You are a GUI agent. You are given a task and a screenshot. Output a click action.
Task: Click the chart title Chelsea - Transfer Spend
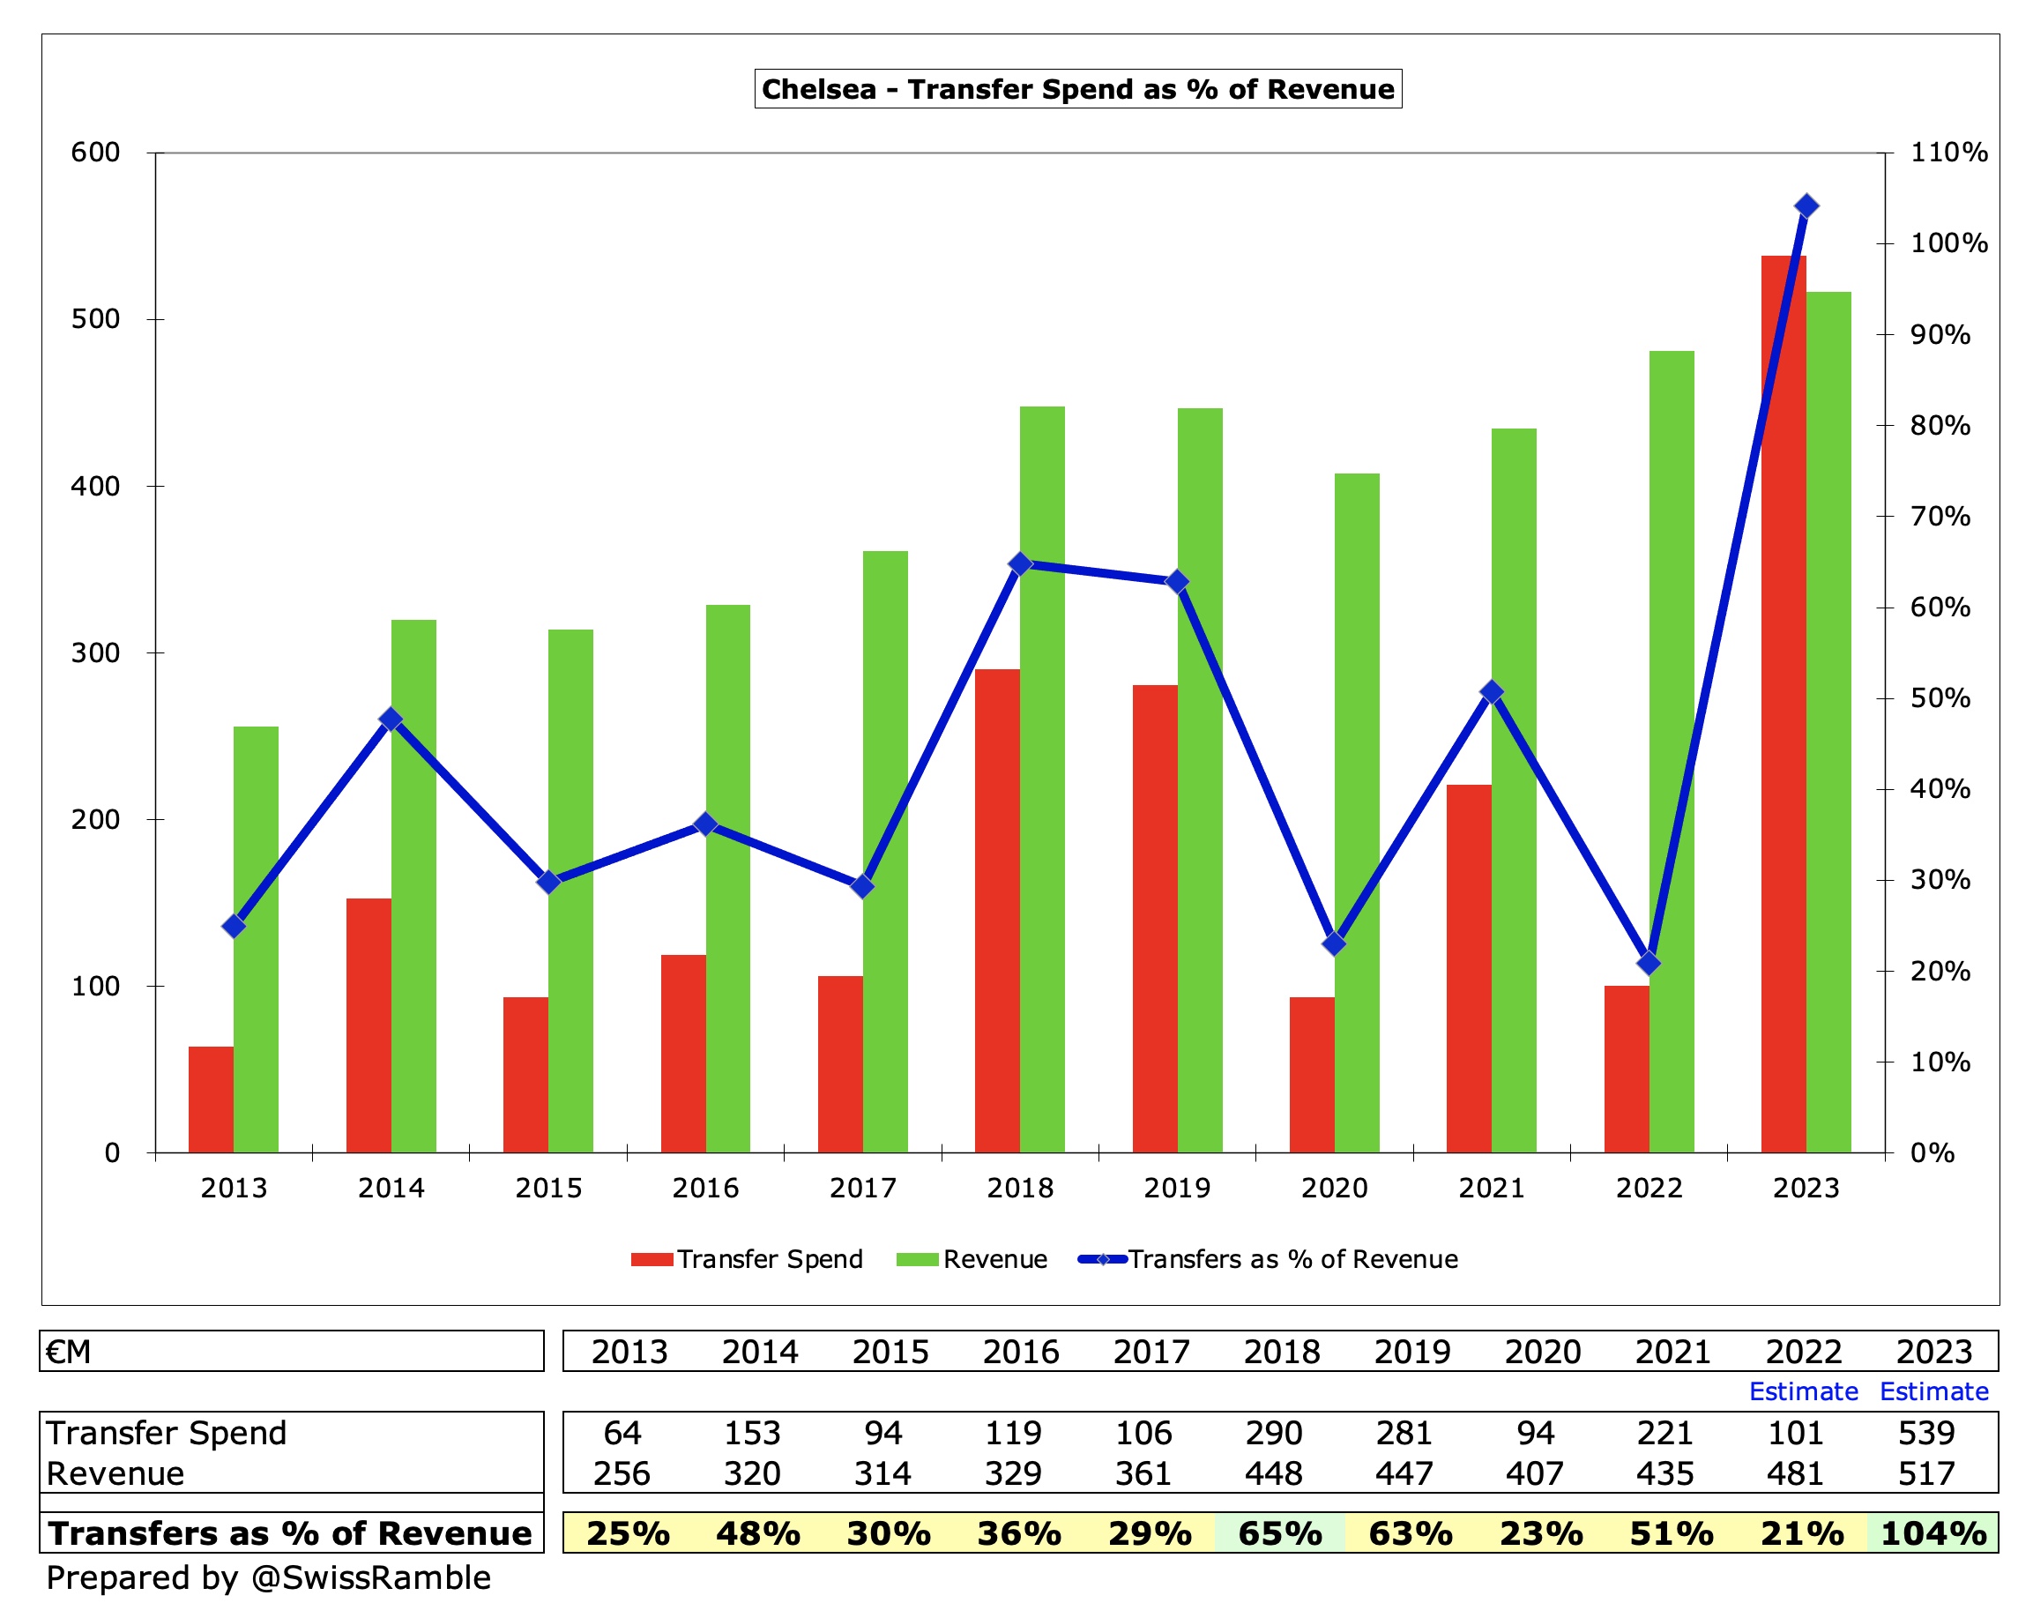1077,89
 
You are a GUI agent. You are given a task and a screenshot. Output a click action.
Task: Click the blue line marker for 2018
1020,564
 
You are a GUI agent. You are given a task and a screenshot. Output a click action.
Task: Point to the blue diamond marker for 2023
1806,206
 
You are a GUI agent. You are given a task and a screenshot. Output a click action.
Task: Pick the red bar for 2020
1311,1075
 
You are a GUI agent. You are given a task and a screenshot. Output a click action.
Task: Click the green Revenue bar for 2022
1671,751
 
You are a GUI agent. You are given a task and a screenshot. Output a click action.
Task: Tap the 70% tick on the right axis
1940,516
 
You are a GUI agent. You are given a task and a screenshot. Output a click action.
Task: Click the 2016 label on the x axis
704,1189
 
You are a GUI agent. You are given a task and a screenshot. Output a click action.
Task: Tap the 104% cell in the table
1932,1532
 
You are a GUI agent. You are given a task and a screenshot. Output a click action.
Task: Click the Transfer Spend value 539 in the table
1925,1433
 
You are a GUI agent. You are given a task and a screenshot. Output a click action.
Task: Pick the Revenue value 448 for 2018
1273,1473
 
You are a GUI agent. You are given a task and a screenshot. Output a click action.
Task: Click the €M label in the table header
69,1352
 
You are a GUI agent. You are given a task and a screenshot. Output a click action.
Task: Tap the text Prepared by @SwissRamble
268,1577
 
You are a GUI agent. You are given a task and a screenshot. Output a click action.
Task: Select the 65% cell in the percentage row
1279,1532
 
